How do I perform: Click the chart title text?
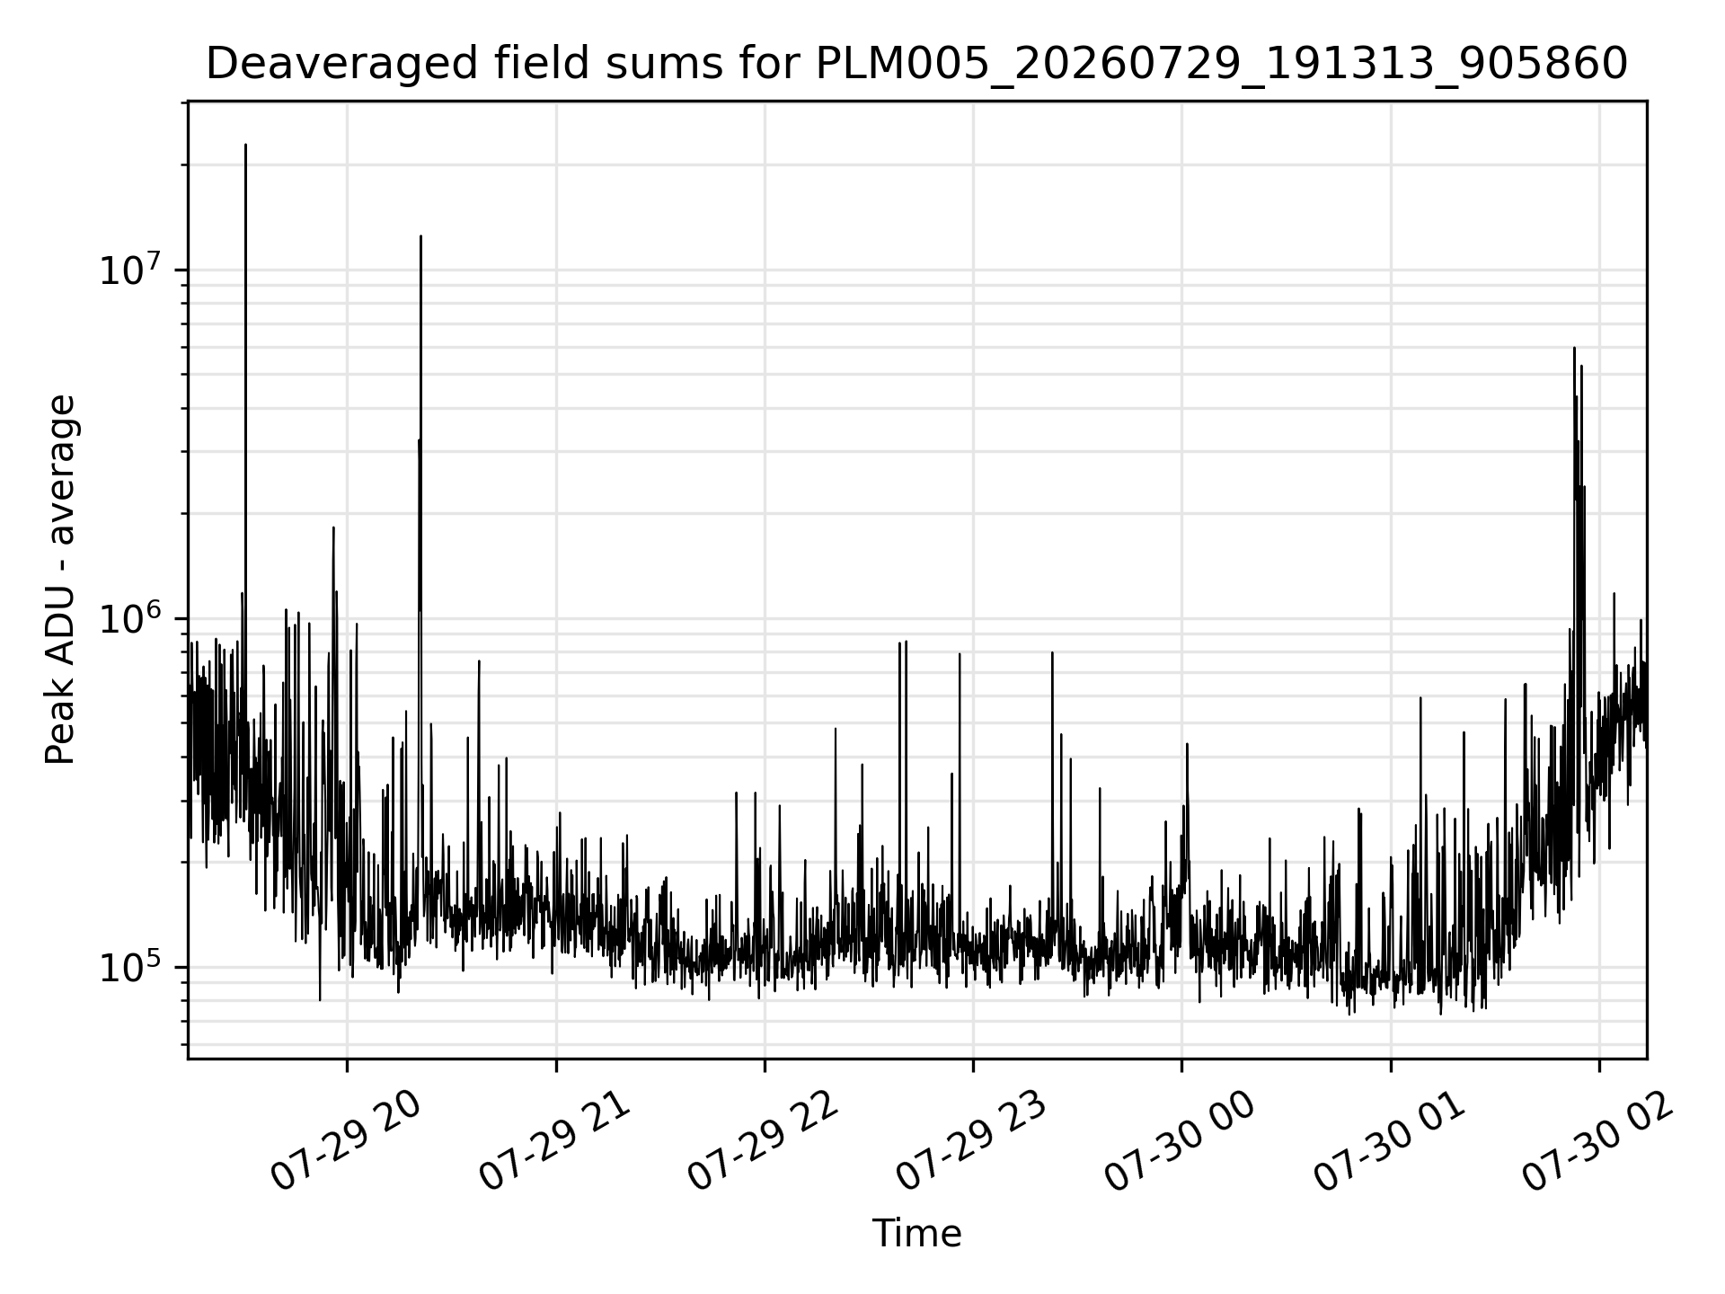coord(916,64)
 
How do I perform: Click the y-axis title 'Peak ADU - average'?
coord(60,580)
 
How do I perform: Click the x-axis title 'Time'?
coord(916,1234)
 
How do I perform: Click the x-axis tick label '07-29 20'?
coord(346,1141)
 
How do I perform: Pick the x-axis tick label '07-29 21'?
coord(554,1141)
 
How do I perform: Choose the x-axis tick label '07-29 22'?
coord(763,1141)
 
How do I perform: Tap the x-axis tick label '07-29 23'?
coord(971,1141)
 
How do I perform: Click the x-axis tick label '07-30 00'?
coord(1180,1141)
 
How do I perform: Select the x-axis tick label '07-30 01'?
coord(1389,1141)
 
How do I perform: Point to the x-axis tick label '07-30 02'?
coord(1597,1141)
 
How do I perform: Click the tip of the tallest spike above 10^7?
coord(245,144)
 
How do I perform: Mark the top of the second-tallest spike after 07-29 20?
coord(420,235)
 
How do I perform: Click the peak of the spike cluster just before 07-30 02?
coord(1574,348)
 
